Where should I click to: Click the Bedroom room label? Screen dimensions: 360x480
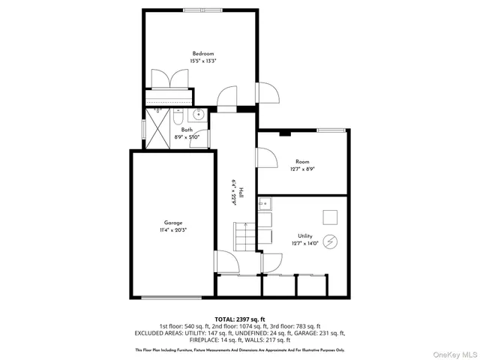[203, 53]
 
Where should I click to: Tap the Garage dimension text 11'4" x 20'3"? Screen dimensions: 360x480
[173, 230]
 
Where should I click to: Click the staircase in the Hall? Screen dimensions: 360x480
[246, 238]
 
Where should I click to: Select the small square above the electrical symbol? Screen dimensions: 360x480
[331, 217]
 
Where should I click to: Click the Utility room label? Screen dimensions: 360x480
[304, 235]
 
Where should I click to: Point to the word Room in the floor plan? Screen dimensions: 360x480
[303, 162]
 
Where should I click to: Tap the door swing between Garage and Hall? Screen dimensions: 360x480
[226, 262]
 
